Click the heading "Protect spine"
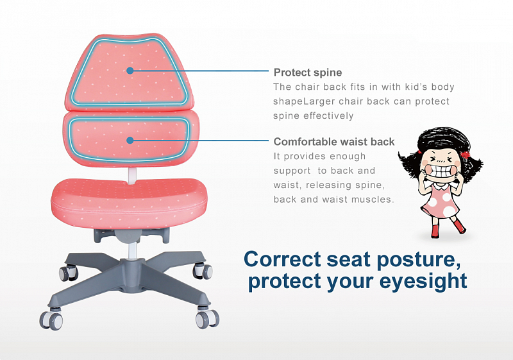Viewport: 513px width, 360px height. tap(308, 73)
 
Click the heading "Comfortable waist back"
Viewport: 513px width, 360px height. tap(334, 142)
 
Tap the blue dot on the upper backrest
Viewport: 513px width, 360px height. tap(130, 71)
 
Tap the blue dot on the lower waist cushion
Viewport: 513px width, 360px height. tap(130, 141)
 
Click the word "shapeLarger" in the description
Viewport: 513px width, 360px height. tap(304, 101)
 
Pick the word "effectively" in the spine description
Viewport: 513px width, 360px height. tap(328, 116)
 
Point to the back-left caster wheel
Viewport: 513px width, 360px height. tap(69, 273)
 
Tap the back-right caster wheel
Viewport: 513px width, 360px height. tap(203, 271)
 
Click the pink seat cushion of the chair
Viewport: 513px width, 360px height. tap(130, 203)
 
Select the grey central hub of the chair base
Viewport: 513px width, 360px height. tap(132, 275)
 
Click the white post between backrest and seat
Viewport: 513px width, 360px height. tap(132, 175)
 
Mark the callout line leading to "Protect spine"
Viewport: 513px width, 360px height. tap(201, 71)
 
